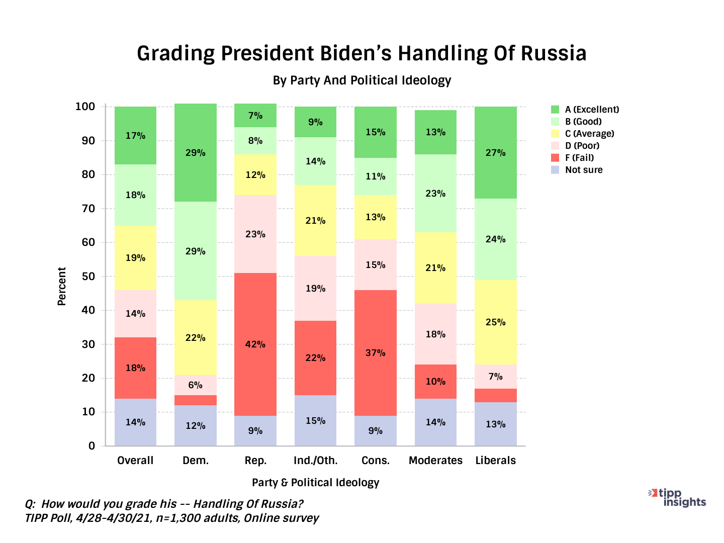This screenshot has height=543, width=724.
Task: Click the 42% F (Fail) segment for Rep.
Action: (255, 344)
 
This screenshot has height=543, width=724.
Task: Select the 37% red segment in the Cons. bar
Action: (376, 353)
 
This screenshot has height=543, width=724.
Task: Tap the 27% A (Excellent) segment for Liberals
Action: (496, 153)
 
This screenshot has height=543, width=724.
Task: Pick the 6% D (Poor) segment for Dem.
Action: (196, 385)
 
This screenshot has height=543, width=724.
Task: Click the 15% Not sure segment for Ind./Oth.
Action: (315, 421)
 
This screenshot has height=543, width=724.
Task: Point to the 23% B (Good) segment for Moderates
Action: (435, 194)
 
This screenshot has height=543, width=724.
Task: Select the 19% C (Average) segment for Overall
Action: (135, 258)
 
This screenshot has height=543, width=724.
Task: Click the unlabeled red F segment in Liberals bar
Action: (496, 396)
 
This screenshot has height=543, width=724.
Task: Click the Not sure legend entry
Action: (583, 170)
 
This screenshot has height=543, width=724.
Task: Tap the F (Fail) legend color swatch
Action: (555, 158)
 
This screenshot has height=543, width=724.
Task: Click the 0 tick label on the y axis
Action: (92, 446)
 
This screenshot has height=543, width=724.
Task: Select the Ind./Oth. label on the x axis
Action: (315, 461)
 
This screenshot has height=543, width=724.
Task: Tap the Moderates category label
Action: (435, 461)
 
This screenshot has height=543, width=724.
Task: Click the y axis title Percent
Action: (62, 287)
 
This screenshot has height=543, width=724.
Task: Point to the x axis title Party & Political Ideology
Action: (315, 483)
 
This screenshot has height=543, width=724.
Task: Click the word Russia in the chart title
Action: (553, 53)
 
